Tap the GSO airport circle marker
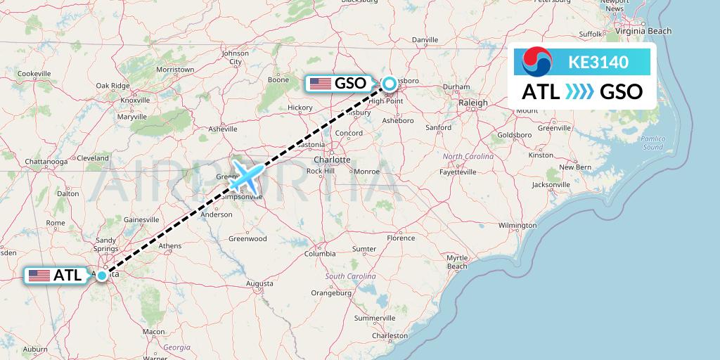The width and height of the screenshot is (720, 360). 389,84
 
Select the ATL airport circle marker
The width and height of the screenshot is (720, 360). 103,275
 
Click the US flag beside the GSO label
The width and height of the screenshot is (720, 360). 320,84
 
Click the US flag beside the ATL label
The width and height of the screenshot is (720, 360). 39,276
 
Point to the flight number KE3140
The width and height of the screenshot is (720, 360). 598,63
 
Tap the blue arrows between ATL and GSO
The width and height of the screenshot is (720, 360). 580,91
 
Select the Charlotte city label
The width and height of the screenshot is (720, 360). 332,160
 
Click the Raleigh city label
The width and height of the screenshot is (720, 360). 472,103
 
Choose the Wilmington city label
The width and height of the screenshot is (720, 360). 517,225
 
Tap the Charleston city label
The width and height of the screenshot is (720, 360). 390,336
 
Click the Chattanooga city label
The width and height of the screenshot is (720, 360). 45,162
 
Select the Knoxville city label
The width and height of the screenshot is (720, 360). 134,101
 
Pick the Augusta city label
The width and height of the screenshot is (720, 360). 259,283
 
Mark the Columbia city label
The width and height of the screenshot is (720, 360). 320,253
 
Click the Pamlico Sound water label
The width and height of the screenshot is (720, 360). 652,143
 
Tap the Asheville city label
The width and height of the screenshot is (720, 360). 224,129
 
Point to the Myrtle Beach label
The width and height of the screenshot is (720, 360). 457,262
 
